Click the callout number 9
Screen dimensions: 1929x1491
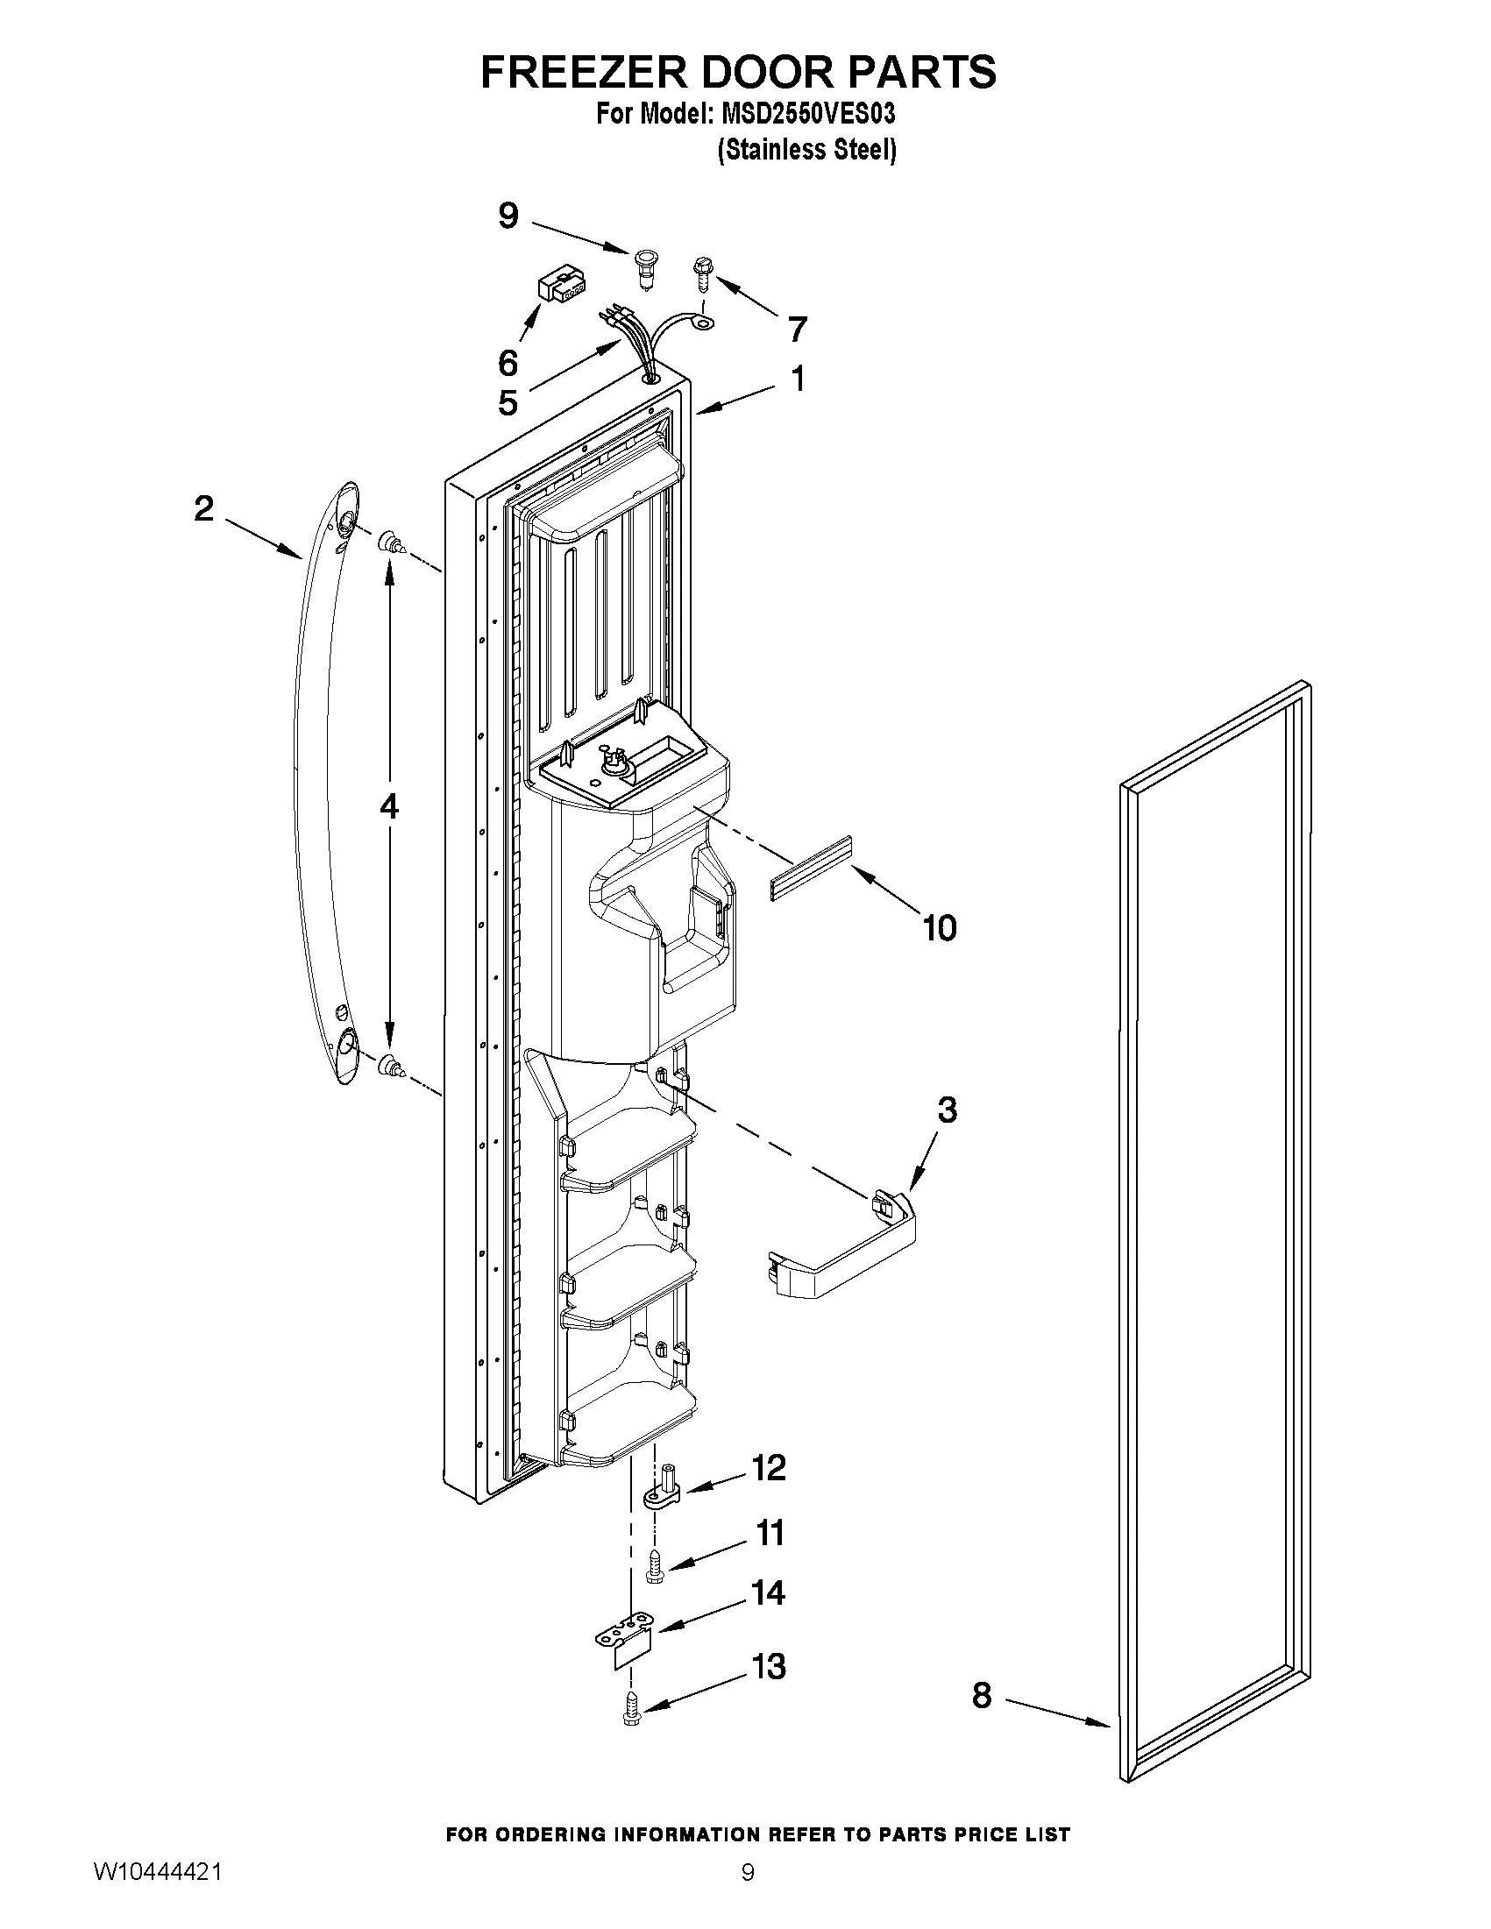(508, 216)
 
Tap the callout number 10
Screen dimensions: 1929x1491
(939, 927)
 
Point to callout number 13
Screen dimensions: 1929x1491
(769, 1667)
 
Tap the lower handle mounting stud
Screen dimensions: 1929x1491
(389, 1067)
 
